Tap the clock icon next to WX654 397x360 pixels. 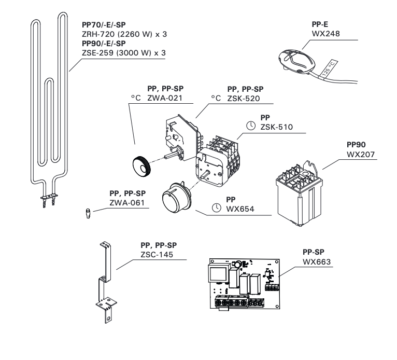coord(216,209)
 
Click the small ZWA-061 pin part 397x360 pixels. coord(88,213)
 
